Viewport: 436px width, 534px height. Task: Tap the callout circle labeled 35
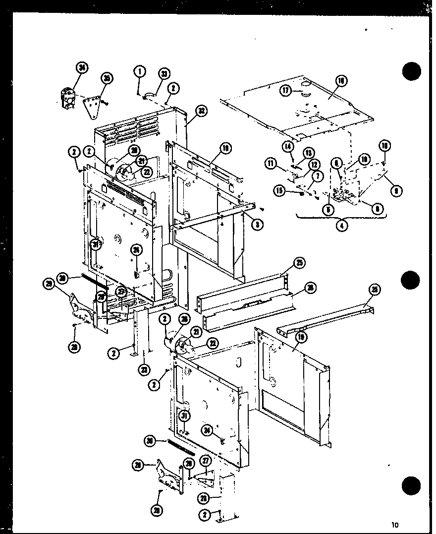[x=107, y=78]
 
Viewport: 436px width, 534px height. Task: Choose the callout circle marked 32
[x=201, y=111]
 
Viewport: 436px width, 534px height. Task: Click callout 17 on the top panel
[x=286, y=90]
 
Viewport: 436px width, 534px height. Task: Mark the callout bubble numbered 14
[x=288, y=146]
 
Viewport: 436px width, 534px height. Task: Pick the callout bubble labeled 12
[x=313, y=164]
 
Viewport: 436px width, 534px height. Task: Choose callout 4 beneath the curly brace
[x=341, y=225]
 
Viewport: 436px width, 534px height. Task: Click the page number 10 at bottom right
[x=394, y=525]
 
